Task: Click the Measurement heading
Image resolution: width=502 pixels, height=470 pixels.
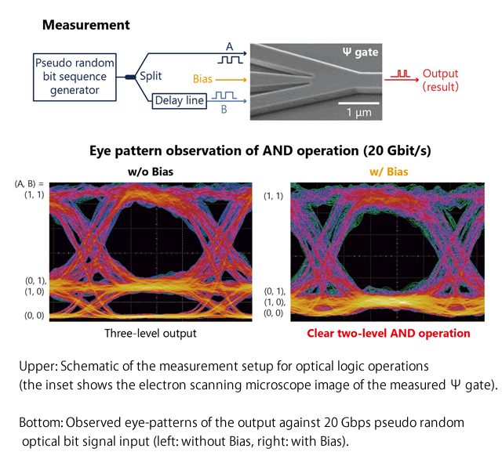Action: [x=85, y=25]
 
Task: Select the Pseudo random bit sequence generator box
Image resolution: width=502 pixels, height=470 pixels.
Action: [x=75, y=77]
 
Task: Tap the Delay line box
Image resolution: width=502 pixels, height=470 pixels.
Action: [x=180, y=101]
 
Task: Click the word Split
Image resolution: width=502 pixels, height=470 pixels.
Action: [x=151, y=77]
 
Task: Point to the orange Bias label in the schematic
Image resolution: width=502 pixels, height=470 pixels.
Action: [x=202, y=79]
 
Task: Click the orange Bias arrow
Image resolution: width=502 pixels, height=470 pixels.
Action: [x=231, y=80]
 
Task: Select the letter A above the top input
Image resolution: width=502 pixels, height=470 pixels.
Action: [x=229, y=47]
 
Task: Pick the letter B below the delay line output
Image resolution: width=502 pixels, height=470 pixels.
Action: [x=224, y=110]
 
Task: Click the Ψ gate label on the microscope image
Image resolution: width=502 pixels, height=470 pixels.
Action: [x=360, y=52]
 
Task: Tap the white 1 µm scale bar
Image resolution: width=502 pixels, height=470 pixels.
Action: [x=358, y=103]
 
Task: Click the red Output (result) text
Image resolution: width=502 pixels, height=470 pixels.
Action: [x=441, y=80]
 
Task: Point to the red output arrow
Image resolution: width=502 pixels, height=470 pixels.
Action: [x=402, y=79]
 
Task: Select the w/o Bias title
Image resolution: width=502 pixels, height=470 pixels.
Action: [x=151, y=172]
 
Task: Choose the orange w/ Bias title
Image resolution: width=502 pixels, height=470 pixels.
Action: [x=389, y=172]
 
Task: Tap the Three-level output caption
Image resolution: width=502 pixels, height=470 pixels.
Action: [x=151, y=333]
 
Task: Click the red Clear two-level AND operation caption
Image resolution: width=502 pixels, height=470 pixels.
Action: [x=388, y=333]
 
